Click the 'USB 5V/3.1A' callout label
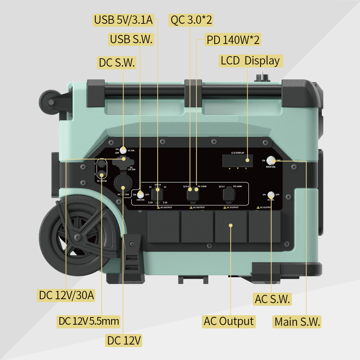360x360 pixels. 123,20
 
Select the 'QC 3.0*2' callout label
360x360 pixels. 191,20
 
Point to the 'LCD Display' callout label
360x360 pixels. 250,60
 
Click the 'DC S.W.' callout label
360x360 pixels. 117,63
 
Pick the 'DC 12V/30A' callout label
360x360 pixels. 67,295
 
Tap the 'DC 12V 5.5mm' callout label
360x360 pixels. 89,321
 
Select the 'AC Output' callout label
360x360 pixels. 229,321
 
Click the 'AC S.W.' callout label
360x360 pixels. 272,299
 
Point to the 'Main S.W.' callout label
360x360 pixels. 297,321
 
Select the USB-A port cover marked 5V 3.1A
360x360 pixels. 157,195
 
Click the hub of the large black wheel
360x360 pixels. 77,237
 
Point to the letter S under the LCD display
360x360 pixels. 246,168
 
